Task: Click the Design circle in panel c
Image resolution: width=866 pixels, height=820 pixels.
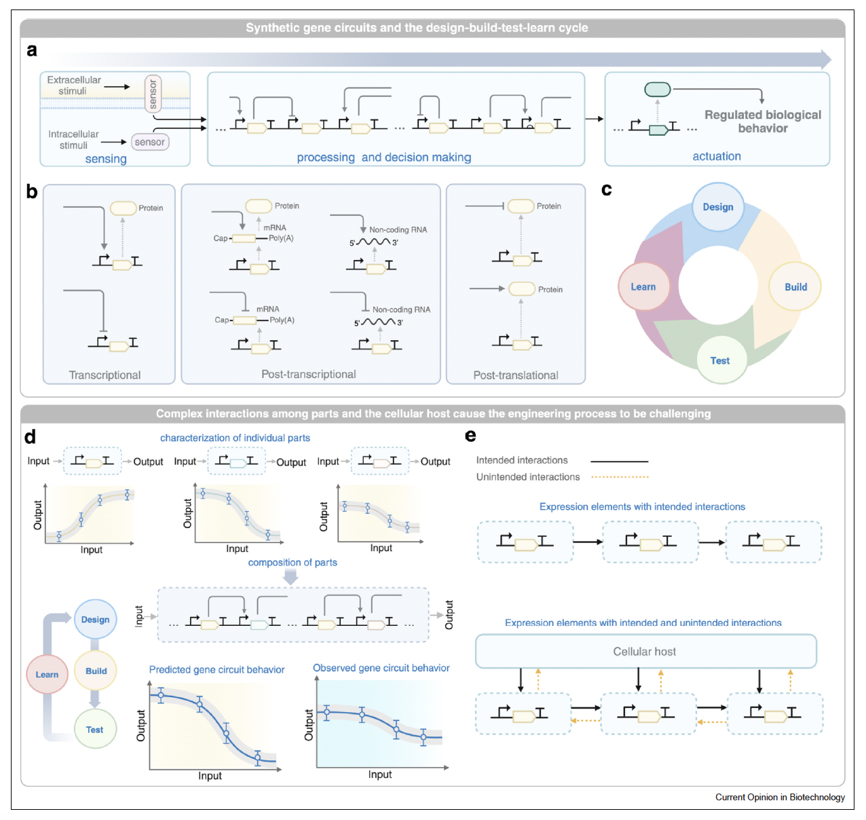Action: pyautogui.click(x=718, y=207)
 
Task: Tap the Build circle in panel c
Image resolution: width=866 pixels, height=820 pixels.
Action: pyautogui.click(x=795, y=286)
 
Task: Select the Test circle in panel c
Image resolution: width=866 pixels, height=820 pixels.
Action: pyautogui.click(x=721, y=360)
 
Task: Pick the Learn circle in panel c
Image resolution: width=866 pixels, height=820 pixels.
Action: pyautogui.click(x=643, y=286)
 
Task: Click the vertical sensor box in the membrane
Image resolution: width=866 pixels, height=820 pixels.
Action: pyautogui.click(x=153, y=94)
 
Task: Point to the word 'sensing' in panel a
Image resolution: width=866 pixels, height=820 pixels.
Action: pyautogui.click(x=106, y=159)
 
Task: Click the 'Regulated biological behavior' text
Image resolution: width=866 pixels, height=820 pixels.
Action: pyautogui.click(x=763, y=122)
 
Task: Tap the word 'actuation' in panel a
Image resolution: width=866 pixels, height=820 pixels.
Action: pyautogui.click(x=717, y=156)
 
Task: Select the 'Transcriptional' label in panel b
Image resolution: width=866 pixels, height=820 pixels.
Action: pyautogui.click(x=105, y=375)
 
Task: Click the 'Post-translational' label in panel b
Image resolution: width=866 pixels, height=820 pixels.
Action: pyautogui.click(x=516, y=375)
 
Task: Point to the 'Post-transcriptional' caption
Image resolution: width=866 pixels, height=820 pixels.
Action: pyautogui.click(x=309, y=374)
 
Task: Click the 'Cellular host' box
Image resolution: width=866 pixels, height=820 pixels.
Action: pyautogui.click(x=645, y=652)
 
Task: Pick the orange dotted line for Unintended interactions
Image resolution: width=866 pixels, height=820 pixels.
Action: pyautogui.click(x=620, y=477)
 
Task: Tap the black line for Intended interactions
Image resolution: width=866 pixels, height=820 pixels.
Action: pyautogui.click(x=620, y=461)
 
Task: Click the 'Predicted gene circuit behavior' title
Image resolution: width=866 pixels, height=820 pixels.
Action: pyautogui.click(x=216, y=669)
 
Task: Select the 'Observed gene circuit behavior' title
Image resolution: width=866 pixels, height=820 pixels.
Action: pyautogui.click(x=381, y=668)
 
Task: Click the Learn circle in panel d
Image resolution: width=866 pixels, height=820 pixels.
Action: pyautogui.click(x=47, y=674)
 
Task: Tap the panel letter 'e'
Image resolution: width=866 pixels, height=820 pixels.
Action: pyautogui.click(x=470, y=436)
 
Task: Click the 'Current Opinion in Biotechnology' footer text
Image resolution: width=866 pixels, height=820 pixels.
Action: pyautogui.click(x=780, y=797)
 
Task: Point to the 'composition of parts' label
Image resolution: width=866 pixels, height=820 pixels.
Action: pyautogui.click(x=293, y=562)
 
